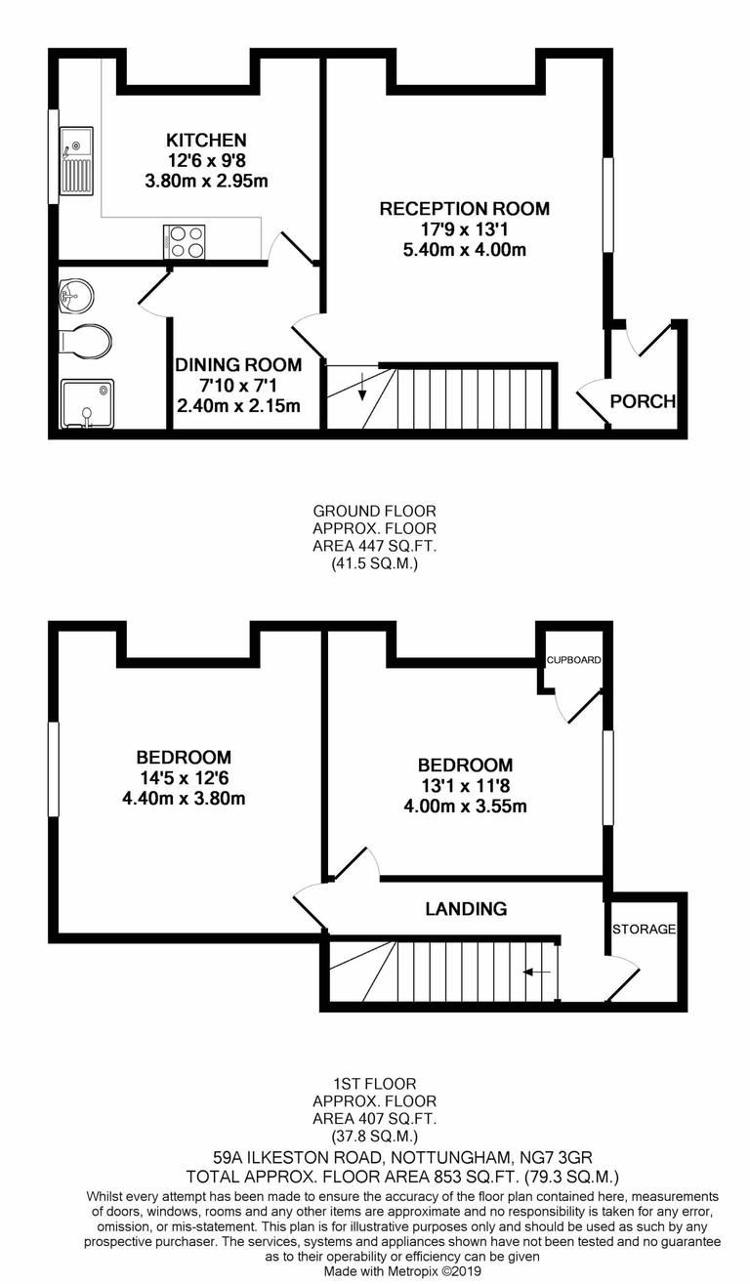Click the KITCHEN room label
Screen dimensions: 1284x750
coord(205,141)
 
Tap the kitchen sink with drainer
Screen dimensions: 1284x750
coord(76,161)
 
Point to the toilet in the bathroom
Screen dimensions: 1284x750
coord(85,341)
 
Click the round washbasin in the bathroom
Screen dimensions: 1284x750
coord(76,292)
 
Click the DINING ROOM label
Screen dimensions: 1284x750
coord(238,366)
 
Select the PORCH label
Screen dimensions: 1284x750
coord(643,401)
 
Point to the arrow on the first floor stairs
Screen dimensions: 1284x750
coord(536,973)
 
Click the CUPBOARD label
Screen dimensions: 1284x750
coord(573,661)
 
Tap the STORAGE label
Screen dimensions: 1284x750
coord(644,930)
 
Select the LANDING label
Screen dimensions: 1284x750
coord(466,909)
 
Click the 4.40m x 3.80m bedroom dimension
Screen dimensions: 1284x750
coord(184,799)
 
